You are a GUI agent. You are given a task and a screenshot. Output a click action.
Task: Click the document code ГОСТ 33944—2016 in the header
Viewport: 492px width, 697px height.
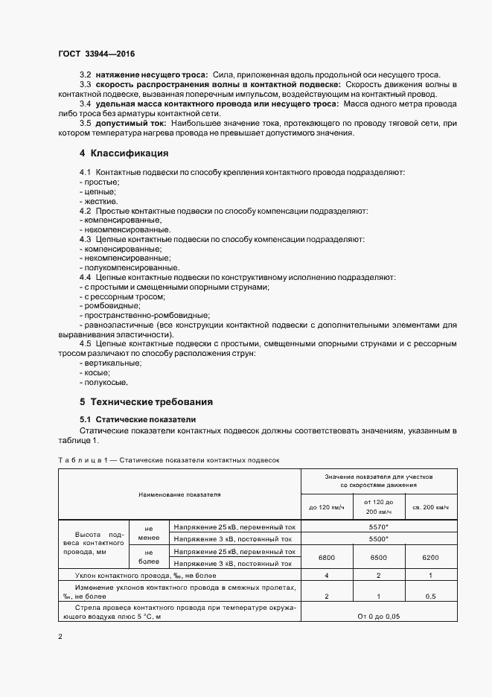click(92, 54)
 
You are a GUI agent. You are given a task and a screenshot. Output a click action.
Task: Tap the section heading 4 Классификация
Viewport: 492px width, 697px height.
click(124, 153)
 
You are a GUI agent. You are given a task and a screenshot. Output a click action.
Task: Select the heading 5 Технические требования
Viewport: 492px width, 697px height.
click(146, 401)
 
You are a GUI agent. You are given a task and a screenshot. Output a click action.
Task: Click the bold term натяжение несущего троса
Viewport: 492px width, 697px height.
click(152, 76)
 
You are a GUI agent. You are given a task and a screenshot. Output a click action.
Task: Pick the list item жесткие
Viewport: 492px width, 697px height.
click(100, 201)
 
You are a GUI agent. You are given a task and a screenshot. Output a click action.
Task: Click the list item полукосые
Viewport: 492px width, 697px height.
click(105, 382)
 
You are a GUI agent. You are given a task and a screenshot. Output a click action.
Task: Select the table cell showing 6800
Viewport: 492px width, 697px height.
click(327, 557)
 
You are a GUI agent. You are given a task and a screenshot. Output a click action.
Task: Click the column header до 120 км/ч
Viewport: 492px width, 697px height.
click(327, 507)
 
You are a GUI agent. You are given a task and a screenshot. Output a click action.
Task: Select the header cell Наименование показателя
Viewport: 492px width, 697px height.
click(179, 494)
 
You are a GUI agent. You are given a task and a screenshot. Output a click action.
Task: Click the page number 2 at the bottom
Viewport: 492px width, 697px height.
click(60, 637)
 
